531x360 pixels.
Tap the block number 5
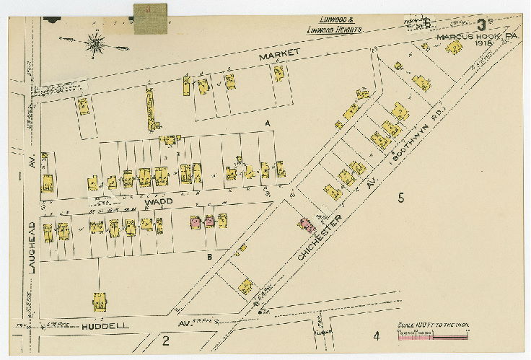click(401, 197)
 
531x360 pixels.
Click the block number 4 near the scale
click(376, 335)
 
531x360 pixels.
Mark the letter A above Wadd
click(267, 125)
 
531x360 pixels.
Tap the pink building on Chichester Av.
click(307, 224)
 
